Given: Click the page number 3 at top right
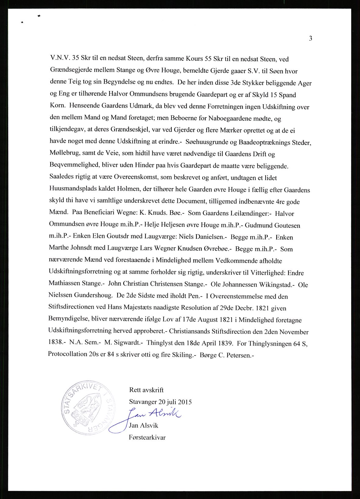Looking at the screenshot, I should coord(310,38).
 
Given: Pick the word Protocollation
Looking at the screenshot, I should coord(69,355).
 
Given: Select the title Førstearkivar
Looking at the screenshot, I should coord(147,437).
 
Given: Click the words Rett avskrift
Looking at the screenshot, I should coord(146,390).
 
